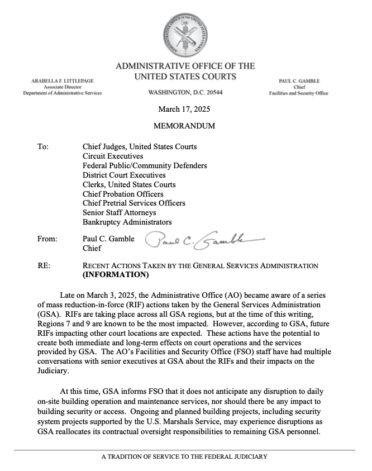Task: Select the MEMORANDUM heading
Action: [185, 126]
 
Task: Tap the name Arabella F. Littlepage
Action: [61, 81]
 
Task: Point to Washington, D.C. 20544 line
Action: [185, 93]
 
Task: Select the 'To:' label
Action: [44, 147]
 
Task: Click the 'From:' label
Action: [47, 239]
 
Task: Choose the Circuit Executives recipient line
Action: [112, 156]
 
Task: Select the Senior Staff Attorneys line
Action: [119, 212]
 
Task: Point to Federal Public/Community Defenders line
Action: [145, 166]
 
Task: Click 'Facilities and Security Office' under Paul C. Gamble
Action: [299, 93]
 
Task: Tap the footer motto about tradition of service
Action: [185, 456]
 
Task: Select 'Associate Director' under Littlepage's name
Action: [61, 87]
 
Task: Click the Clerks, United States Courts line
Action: [129, 184]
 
